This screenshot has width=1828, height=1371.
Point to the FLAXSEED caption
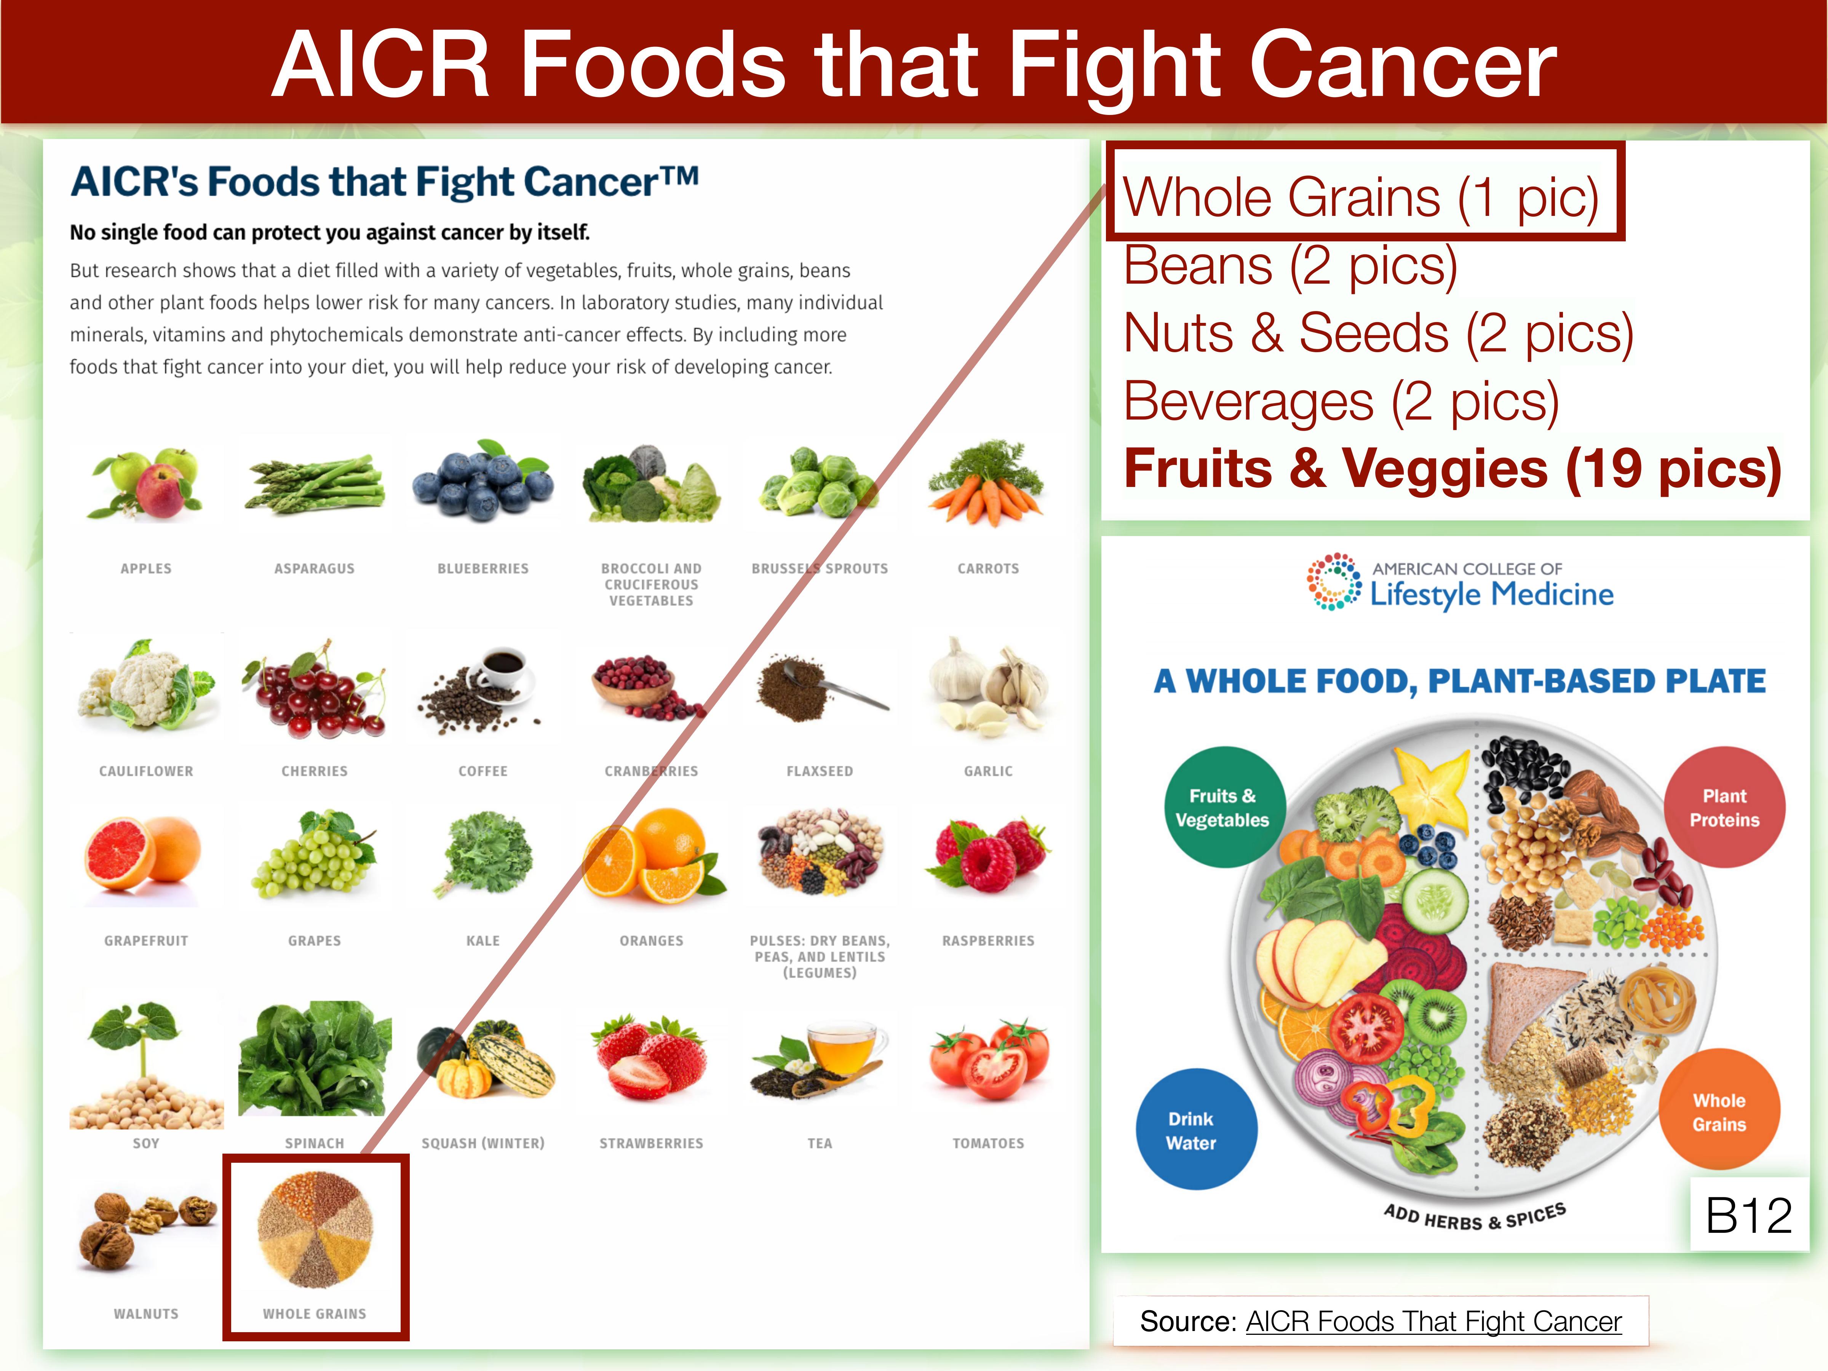click(820, 771)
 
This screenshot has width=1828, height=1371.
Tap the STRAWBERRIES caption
click(651, 1143)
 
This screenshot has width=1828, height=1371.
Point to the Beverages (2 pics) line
click(1341, 402)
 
